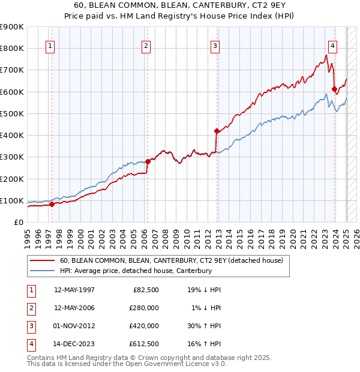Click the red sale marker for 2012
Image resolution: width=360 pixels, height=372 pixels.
(x=217, y=130)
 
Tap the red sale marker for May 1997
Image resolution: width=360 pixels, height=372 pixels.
(x=52, y=204)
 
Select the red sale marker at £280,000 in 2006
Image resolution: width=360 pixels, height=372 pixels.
(x=148, y=161)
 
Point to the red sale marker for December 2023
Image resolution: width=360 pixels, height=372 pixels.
(x=334, y=89)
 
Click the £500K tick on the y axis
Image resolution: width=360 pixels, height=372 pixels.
(x=12, y=113)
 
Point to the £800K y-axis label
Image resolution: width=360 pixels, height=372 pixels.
(x=12, y=48)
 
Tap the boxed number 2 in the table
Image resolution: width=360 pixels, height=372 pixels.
(x=30, y=308)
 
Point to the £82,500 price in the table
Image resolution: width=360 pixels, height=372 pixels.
(x=146, y=290)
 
